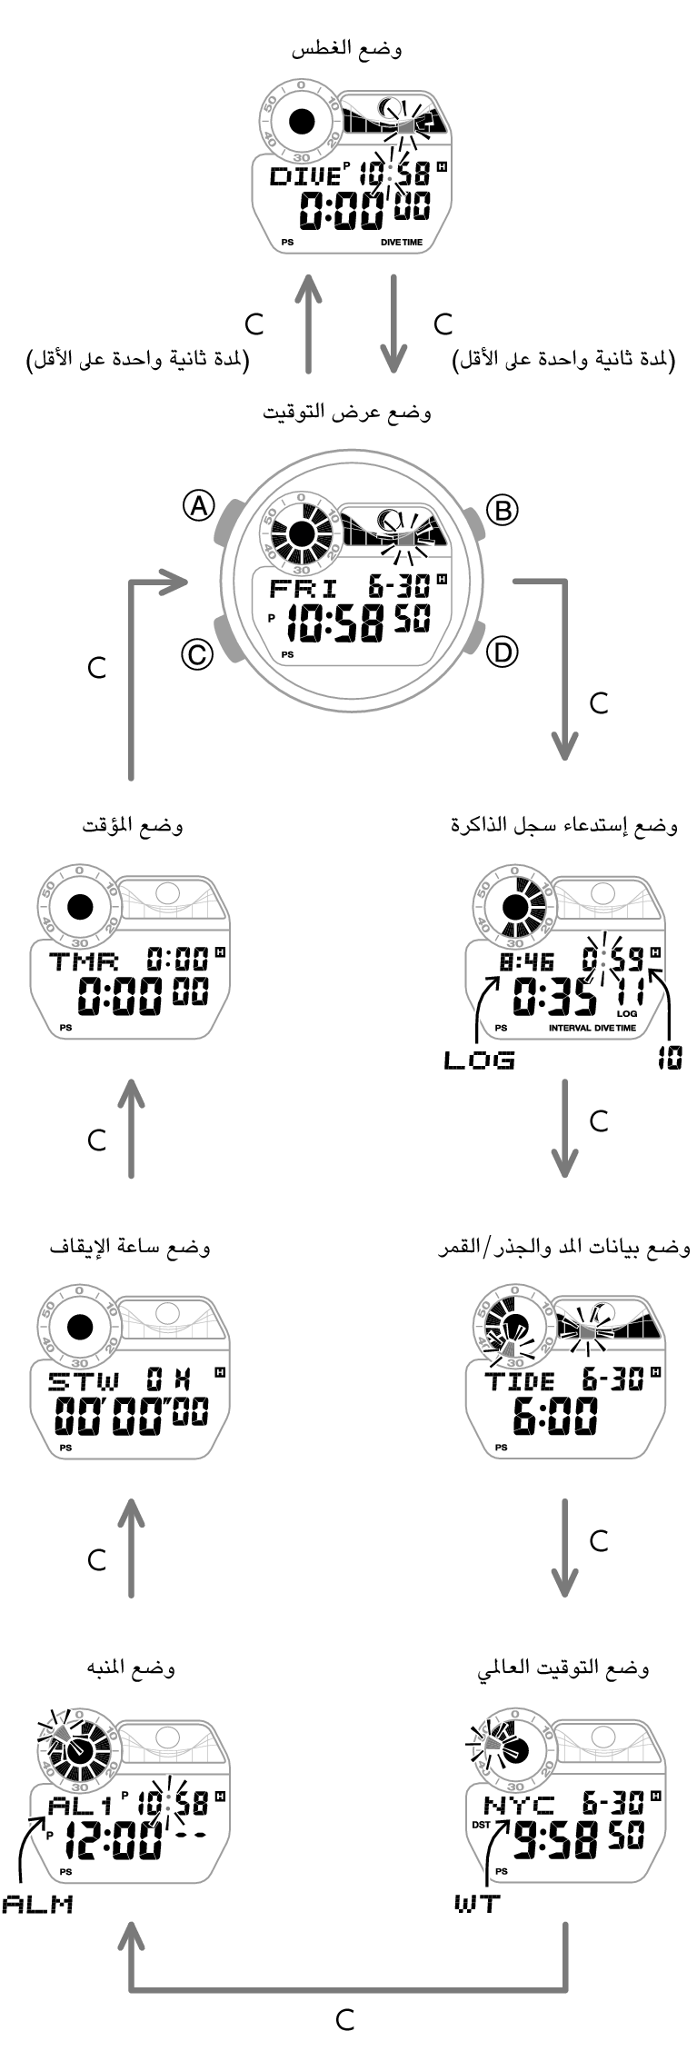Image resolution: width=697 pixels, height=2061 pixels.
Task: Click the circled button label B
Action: pos(501,510)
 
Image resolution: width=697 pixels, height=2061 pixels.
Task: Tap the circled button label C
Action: pos(196,654)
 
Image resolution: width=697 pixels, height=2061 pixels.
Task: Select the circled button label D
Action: pos(502,652)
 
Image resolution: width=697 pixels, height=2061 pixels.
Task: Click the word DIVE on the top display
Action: pos(304,176)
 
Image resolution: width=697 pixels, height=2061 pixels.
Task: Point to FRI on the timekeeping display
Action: pos(303,588)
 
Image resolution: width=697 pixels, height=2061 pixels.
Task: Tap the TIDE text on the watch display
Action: pos(519,1382)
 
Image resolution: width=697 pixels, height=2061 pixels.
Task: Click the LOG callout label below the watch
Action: pos(479,1060)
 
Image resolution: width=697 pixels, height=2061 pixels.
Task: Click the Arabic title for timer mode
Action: pos(132,826)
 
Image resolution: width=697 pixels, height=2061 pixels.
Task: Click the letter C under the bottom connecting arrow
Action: pos(345,2020)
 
